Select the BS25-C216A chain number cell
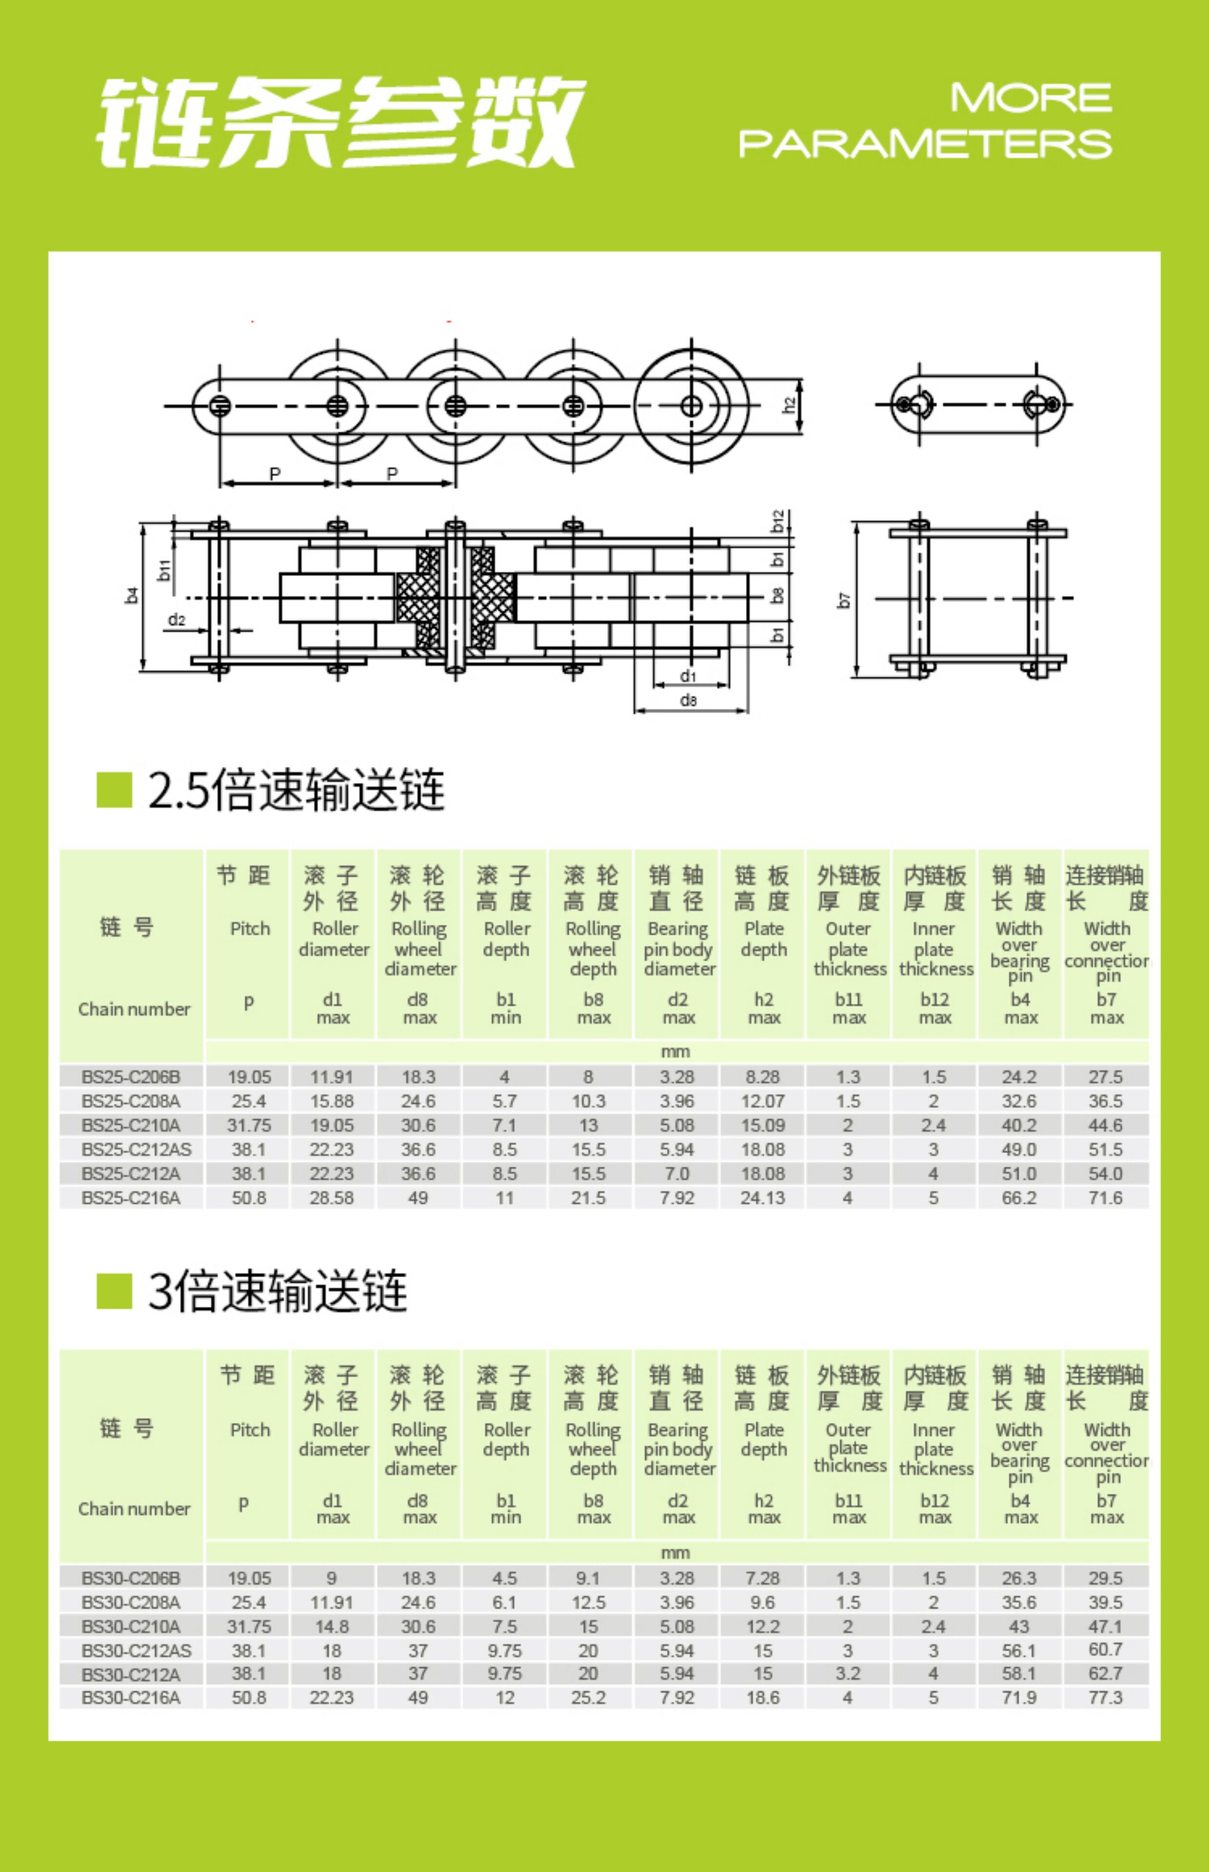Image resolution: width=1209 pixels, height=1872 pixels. click(x=130, y=1198)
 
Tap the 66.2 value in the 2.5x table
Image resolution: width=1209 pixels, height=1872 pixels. click(x=1019, y=1198)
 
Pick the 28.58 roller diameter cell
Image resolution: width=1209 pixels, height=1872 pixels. click(x=331, y=1198)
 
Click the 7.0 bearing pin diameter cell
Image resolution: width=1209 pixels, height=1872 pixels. click(x=677, y=1173)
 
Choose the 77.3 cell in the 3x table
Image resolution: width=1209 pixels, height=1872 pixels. click(x=1105, y=1698)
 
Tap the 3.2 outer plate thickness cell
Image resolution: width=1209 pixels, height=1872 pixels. click(x=848, y=1674)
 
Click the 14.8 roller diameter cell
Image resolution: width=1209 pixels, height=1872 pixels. click(x=331, y=1626)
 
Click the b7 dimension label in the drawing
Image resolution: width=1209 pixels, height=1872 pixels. click(x=844, y=601)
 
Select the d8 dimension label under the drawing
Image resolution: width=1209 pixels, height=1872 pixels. click(x=688, y=700)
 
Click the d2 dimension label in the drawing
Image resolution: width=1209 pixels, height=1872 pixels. click(x=176, y=620)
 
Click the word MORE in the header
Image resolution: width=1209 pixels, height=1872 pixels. click(x=1031, y=98)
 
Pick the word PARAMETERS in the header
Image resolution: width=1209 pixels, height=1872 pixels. click(x=925, y=144)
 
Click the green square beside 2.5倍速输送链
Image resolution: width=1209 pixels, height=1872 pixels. click(x=114, y=790)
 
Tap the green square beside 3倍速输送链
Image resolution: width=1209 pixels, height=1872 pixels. click(x=114, y=1291)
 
